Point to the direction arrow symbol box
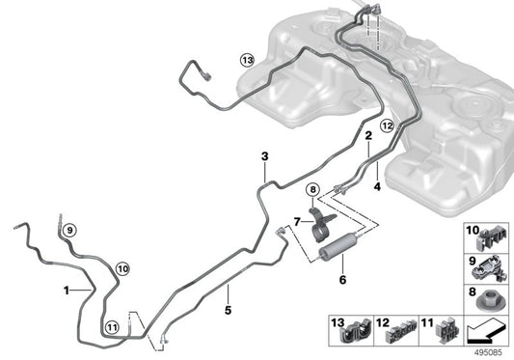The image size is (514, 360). (487, 333)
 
